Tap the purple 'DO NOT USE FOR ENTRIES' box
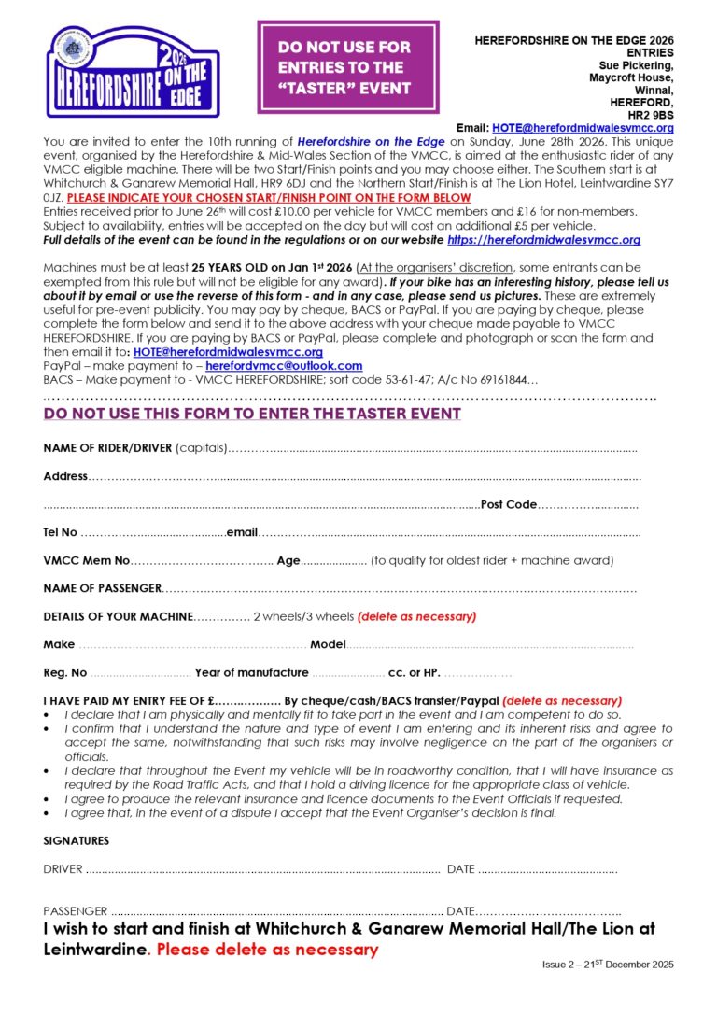tap(347, 67)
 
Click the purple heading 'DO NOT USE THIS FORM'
tap(252, 414)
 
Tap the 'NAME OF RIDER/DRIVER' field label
tap(107, 448)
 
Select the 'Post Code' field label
tap(508, 505)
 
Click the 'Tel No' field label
tap(60, 533)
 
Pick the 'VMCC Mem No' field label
tap(86, 561)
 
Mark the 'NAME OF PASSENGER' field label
tap(102, 589)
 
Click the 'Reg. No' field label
tap(65, 673)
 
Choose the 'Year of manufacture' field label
tap(251, 673)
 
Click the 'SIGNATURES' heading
tap(76, 841)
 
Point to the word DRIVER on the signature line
tap(63, 870)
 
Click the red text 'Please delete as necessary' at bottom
tap(267, 951)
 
